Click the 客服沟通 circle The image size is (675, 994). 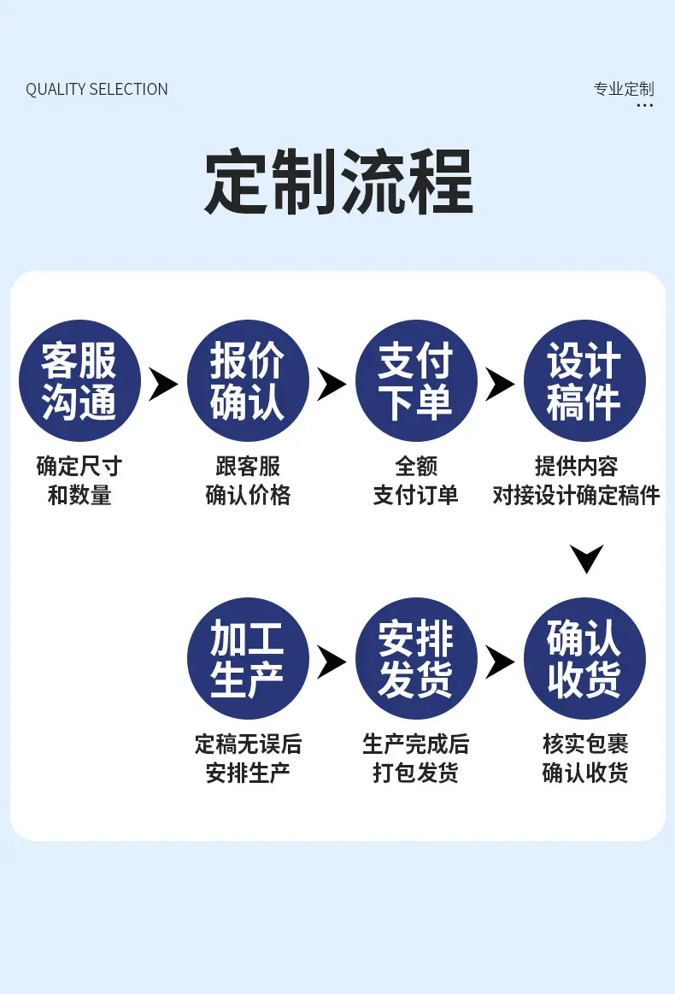[x=79, y=380]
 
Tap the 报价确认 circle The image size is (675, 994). [x=248, y=380]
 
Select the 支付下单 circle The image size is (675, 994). [x=416, y=380]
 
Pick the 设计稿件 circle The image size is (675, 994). [x=584, y=380]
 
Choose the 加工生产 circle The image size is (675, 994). [x=248, y=658]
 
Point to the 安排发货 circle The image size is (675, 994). [x=416, y=658]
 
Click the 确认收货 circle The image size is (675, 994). [x=584, y=658]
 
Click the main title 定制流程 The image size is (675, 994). [x=338, y=181]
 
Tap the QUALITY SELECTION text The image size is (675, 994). [x=97, y=90]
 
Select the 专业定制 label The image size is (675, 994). [x=624, y=89]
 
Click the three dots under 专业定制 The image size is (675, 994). [x=644, y=105]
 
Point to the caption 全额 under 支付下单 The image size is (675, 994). [x=416, y=466]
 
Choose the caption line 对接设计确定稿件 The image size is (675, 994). [x=576, y=495]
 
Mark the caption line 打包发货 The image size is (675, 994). [x=416, y=773]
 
